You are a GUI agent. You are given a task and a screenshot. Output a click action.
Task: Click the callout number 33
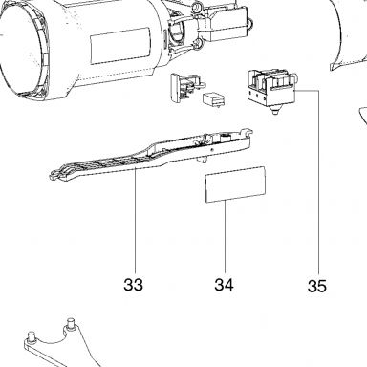(x=133, y=285)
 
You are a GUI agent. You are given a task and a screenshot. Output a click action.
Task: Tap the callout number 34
(x=224, y=285)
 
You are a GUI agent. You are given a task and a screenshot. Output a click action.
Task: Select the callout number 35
(x=317, y=286)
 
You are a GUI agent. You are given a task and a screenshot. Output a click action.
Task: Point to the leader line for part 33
(x=136, y=220)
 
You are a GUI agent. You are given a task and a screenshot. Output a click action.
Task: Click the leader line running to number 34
(x=226, y=236)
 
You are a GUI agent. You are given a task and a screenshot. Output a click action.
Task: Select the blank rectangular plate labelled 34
(x=235, y=184)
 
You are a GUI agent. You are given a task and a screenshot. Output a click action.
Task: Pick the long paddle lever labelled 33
(x=150, y=156)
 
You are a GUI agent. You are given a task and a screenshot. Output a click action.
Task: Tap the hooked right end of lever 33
(x=247, y=132)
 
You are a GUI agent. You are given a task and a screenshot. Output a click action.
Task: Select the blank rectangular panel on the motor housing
(x=120, y=46)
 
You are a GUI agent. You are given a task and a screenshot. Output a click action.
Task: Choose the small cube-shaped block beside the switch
(x=213, y=99)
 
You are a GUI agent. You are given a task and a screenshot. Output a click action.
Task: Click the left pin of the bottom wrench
(x=32, y=336)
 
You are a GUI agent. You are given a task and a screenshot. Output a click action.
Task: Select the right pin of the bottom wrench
(x=71, y=323)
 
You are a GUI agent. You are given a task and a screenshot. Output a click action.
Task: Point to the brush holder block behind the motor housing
(x=225, y=24)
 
